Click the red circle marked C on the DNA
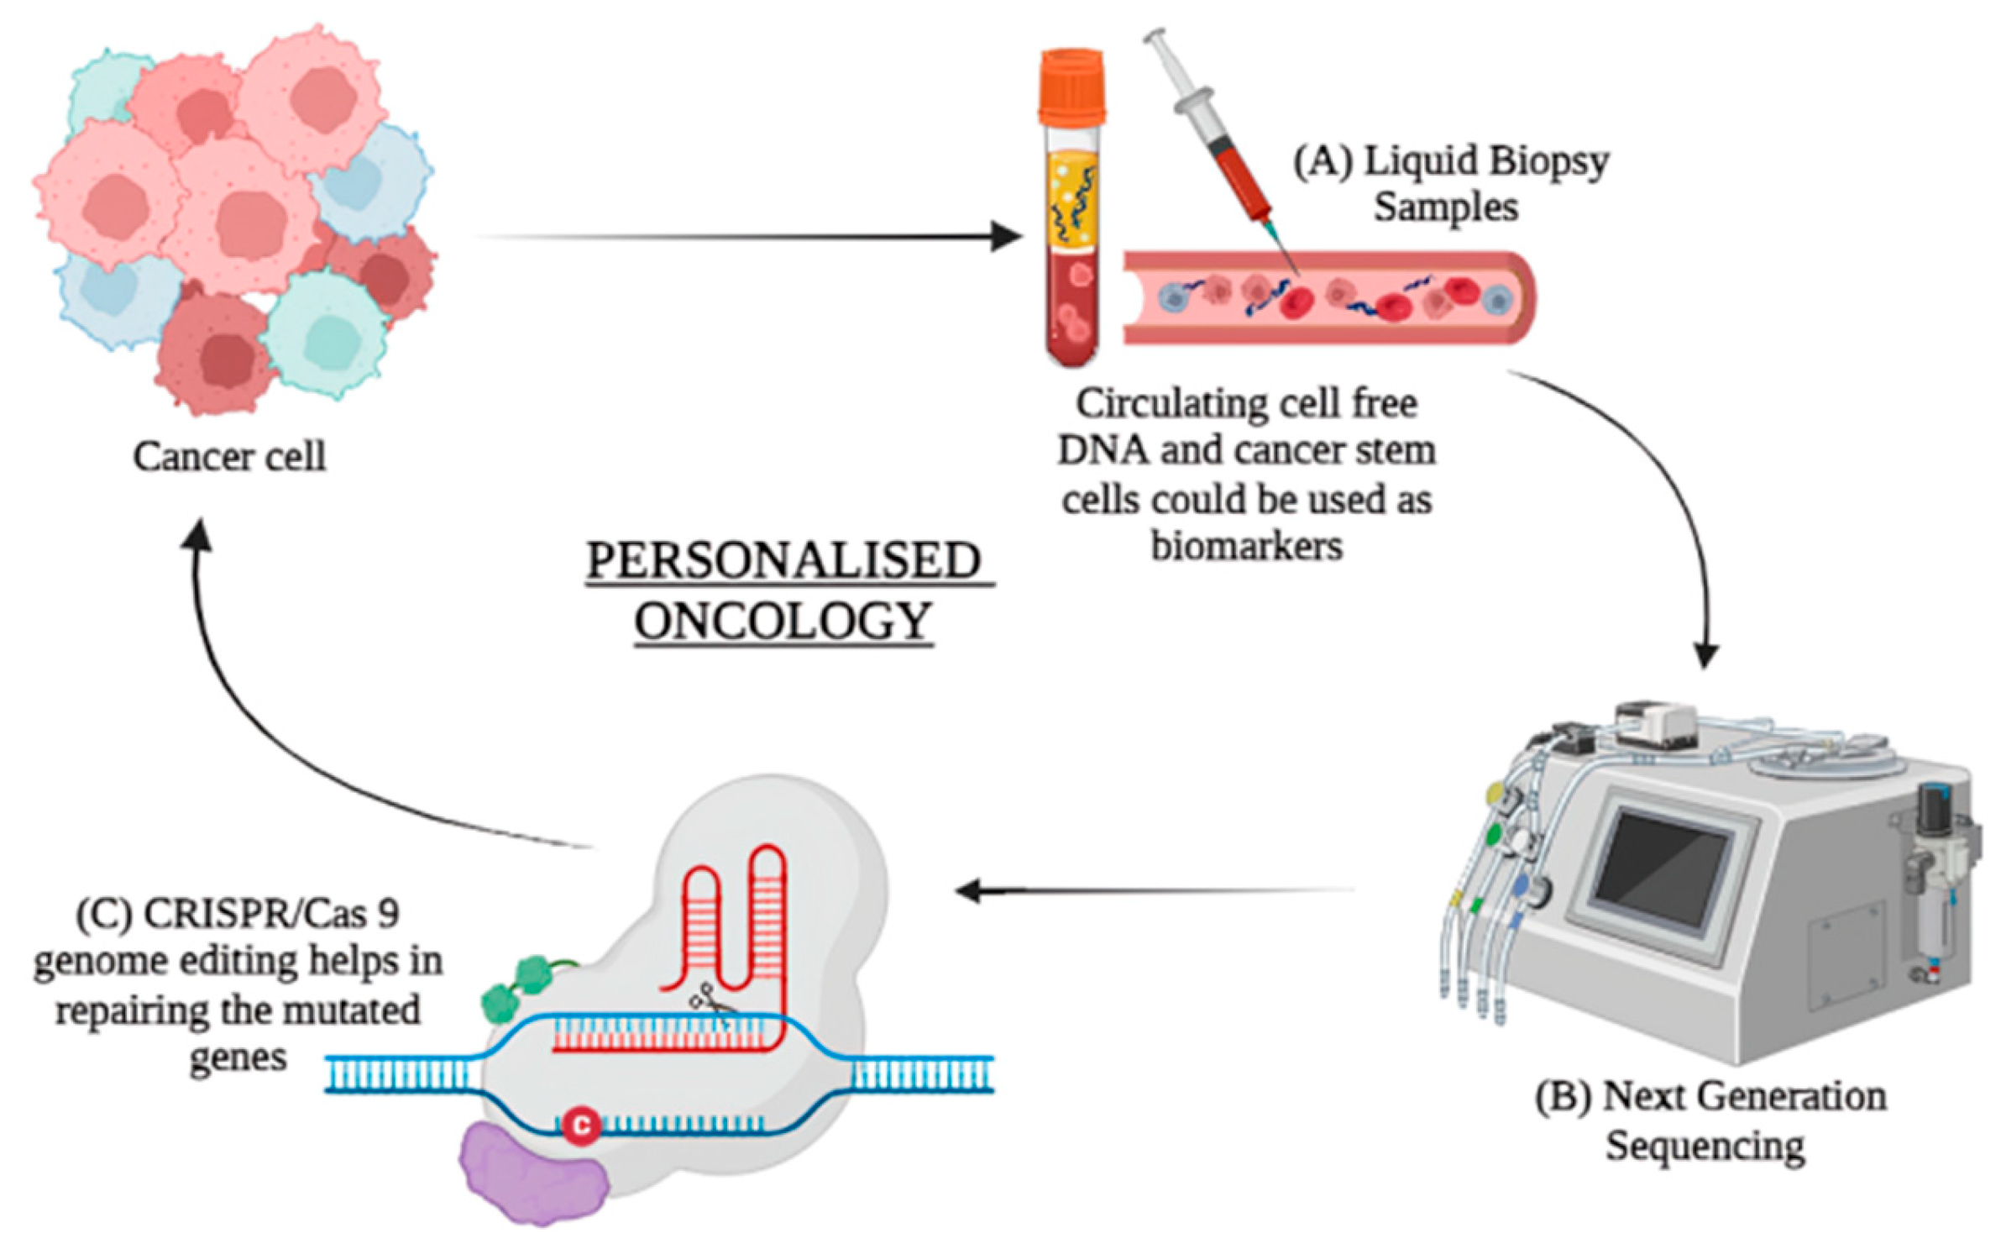tap(581, 1124)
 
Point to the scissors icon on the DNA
tap(710, 1001)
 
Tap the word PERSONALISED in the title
tap(783, 560)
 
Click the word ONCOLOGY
tap(783, 622)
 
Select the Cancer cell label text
tap(228, 457)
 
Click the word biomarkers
tap(1246, 546)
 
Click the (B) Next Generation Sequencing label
tap(1709, 1120)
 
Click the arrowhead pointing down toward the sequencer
tap(1705, 655)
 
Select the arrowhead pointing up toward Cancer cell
tap(199, 533)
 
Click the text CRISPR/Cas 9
tap(270, 914)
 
